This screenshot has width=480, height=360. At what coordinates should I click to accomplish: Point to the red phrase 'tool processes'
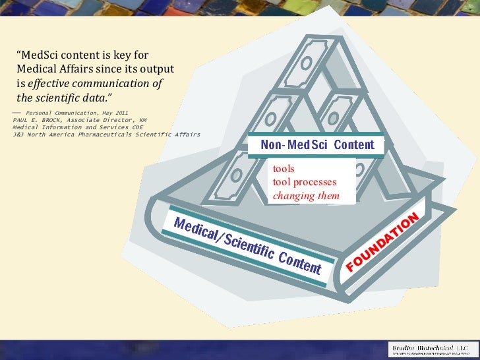tap(305, 182)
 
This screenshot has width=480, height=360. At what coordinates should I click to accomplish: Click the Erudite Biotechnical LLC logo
tap(429, 349)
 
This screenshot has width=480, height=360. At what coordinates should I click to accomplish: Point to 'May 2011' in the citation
tap(116, 113)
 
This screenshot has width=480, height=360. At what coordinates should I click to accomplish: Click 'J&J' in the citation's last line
tap(19, 134)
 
